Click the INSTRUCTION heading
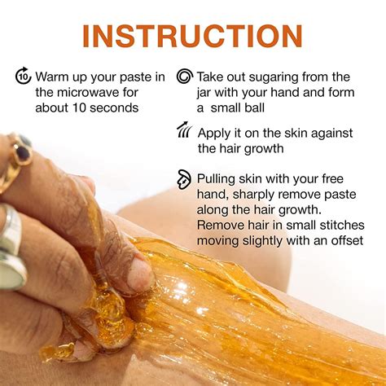tap(192, 36)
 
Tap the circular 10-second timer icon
tap(23, 77)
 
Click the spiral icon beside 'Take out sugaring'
tap(185, 77)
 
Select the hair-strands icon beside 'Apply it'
tap(184, 131)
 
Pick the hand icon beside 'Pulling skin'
tap(185, 178)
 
